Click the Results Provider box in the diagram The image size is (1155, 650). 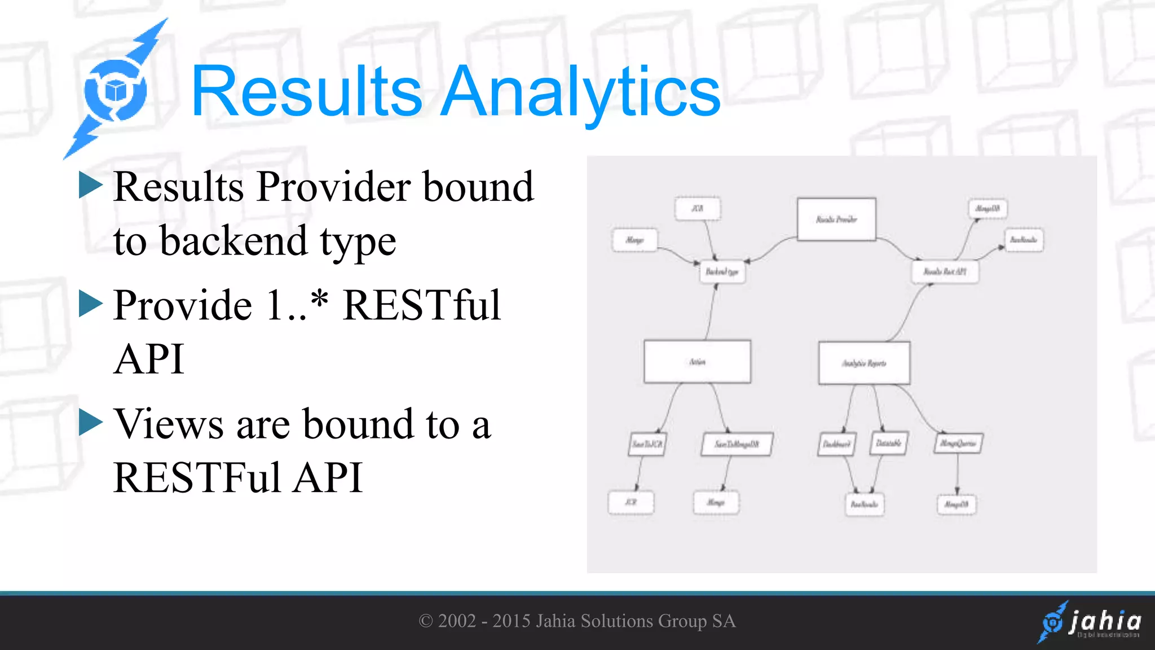pos(836,219)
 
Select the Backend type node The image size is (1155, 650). pos(722,272)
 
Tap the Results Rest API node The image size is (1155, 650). pos(945,272)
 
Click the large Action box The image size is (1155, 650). pos(698,362)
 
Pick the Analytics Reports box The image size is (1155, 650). pos(864,363)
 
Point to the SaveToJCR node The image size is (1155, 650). pos(647,444)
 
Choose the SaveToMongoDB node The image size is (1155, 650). pos(737,444)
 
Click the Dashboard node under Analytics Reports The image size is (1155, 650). pos(837,444)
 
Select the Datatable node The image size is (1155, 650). pos(889,443)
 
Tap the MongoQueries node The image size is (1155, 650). pos(959,443)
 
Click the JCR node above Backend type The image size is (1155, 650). pos(698,209)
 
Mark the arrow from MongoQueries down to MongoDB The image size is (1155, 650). pos(957,474)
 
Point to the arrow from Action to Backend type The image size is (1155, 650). pos(711,313)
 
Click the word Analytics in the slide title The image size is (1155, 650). pos(581,91)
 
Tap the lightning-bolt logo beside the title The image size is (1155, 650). pos(116,90)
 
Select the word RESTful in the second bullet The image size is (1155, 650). pos(421,305)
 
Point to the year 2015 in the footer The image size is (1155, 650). pos(512,621)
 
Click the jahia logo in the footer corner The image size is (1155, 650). pos(1090,622)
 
